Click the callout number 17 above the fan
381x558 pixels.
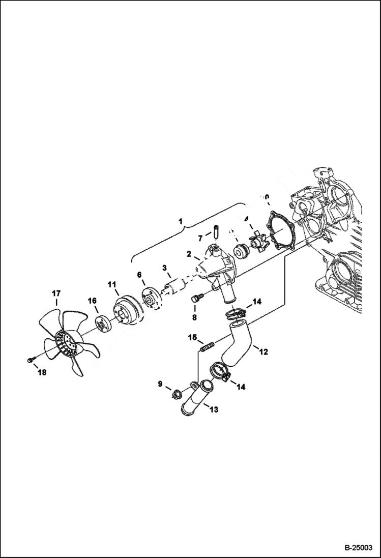tap(55, 293)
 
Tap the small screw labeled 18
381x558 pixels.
tap(30, 360)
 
